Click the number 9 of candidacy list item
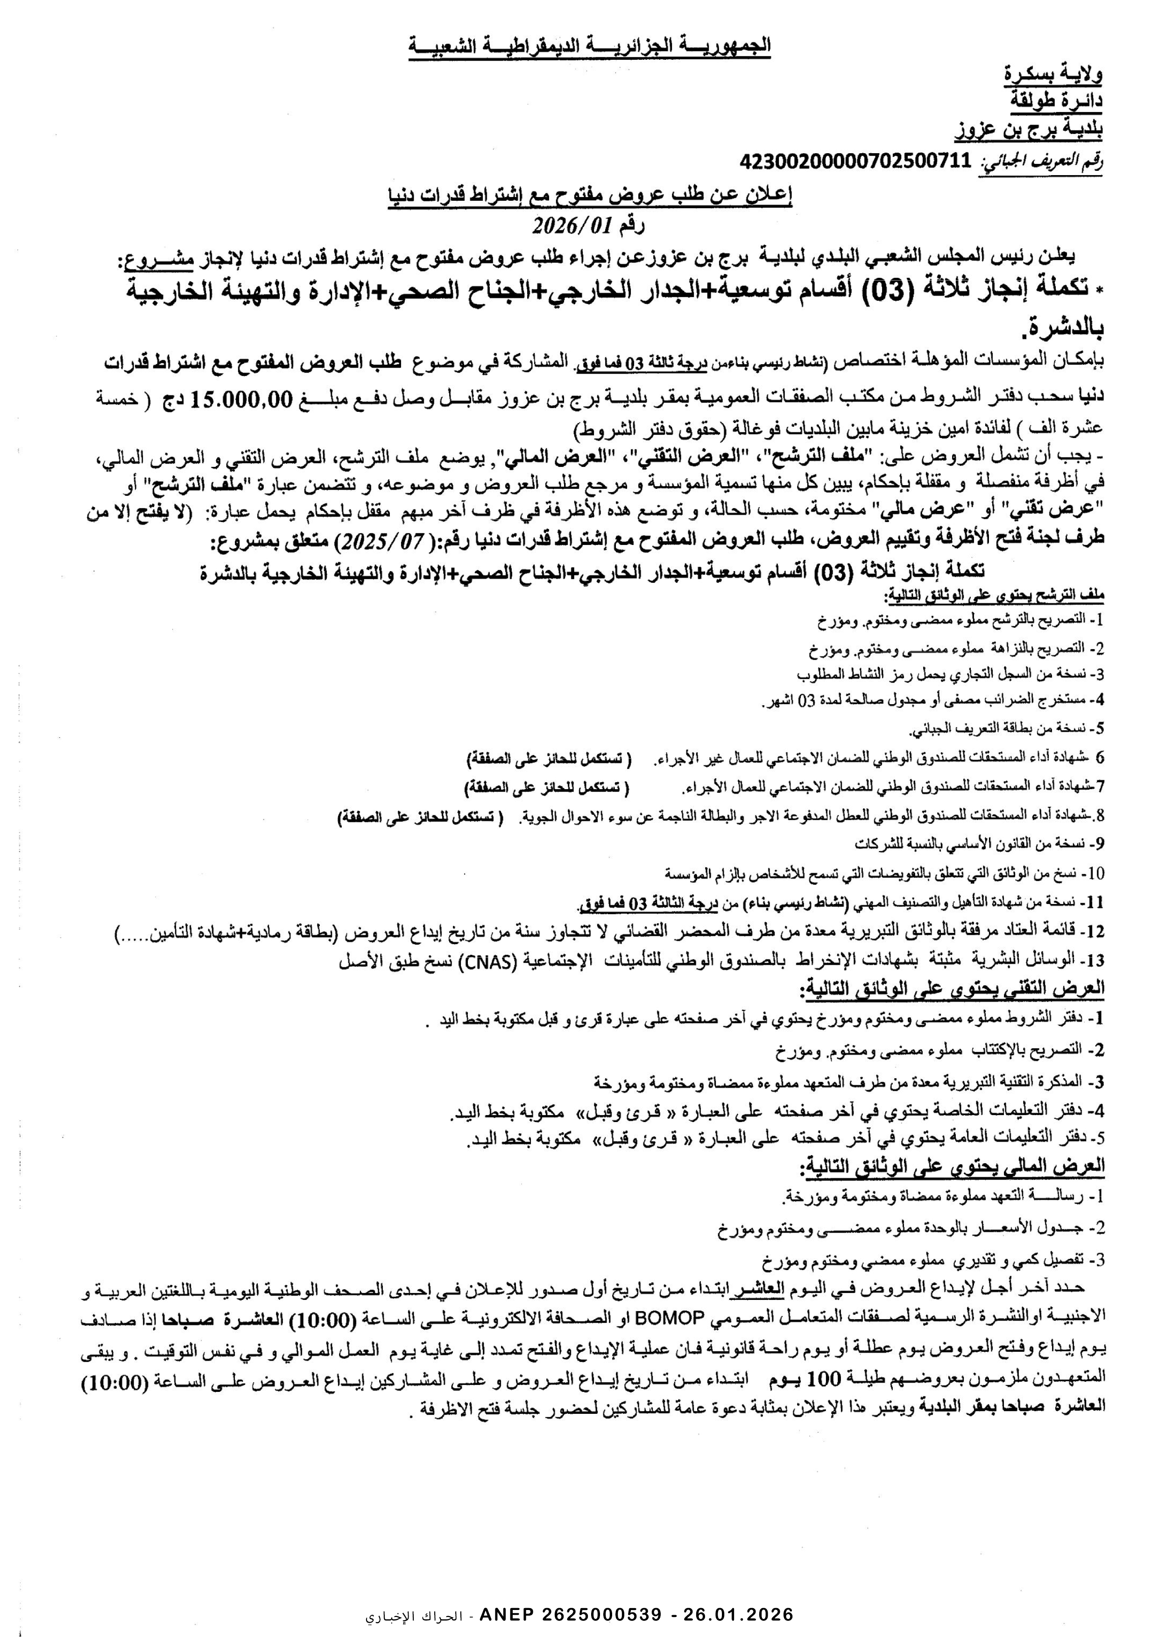(x=1100, y=844)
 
